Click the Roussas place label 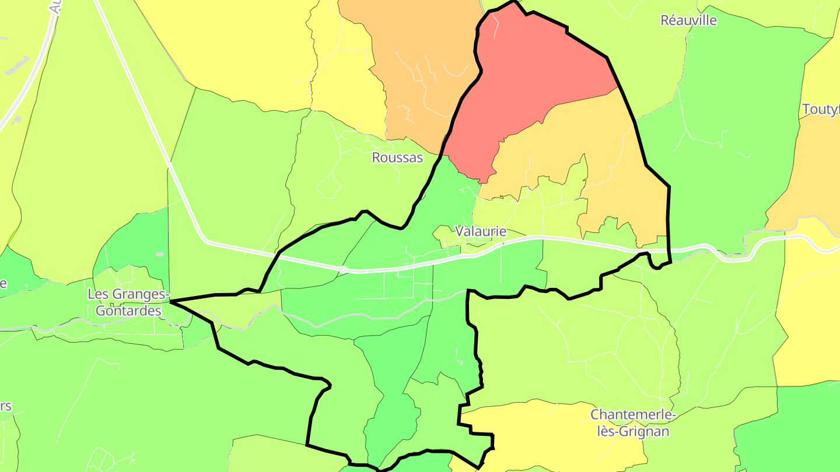(x=397, y=157)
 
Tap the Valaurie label (x=481, y=231)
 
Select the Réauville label (x=688, y=20)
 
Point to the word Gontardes (x=128, y=311)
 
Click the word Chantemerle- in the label (x=632, y=415)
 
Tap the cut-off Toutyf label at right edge (x=821, y=110)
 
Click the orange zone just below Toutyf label (x=811, y=175)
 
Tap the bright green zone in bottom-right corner (x=787, y=431)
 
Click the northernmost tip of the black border (x=514, y=2)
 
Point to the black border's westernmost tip (x=171, y=301)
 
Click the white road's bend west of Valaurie (x=205, y=239)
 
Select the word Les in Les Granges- (x=97, y=294)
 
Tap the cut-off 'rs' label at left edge (x=5, y=406)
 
